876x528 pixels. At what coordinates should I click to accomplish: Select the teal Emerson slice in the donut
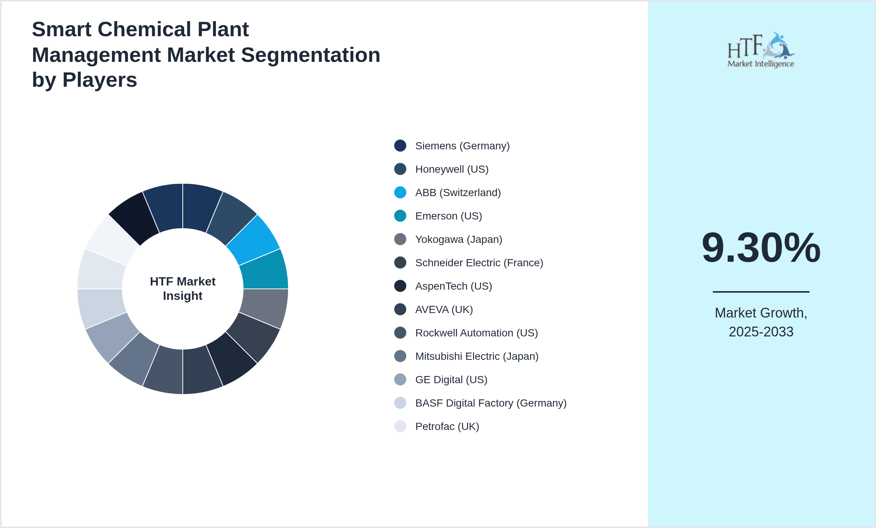[264, 271]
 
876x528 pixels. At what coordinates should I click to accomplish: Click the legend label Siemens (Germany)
[462, 146]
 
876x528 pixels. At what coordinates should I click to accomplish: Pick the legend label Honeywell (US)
[452, 169]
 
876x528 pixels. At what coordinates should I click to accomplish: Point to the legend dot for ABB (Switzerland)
[400, 193]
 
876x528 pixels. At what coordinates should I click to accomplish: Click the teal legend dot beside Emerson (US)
[400, 216]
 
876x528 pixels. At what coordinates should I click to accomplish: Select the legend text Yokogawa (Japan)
[458, 239]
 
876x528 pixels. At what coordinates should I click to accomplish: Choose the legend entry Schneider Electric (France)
[479, 263]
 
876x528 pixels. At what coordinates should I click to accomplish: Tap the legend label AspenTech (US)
[453, 286]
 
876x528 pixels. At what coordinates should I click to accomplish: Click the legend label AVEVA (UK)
[444, 310]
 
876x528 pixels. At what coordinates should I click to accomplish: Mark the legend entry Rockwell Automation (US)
[476, 333]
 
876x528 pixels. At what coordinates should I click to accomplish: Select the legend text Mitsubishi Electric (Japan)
[477, 356]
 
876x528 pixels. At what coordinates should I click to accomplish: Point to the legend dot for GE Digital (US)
[400, 380]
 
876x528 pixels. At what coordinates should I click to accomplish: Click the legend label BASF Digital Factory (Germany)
[490, 403]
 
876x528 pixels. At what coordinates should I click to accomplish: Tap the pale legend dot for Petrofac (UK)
[400, 427]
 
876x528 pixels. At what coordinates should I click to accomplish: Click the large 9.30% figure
[761, 248]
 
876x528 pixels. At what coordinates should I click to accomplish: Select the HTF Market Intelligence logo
[761, 50]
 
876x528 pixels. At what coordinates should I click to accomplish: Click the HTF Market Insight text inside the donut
[183, 289]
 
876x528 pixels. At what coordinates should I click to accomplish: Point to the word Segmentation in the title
[310, 55]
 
